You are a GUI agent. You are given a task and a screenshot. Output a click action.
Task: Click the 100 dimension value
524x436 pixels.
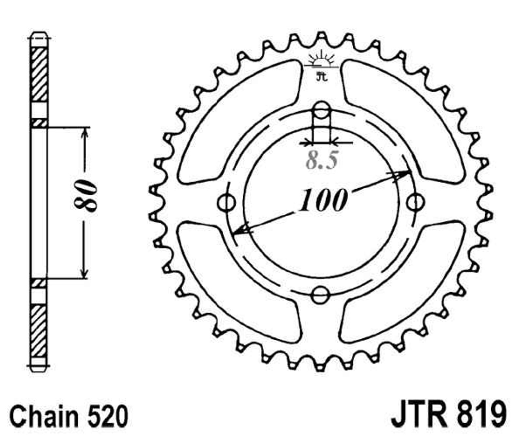(x=323, y=199)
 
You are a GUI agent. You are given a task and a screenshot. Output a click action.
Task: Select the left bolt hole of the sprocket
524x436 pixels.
(x=226, y=202)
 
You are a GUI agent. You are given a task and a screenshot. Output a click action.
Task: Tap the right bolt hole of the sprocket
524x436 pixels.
(x=416, y=202)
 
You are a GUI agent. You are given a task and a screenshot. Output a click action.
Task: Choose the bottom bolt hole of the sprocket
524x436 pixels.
(x=320, y=295)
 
